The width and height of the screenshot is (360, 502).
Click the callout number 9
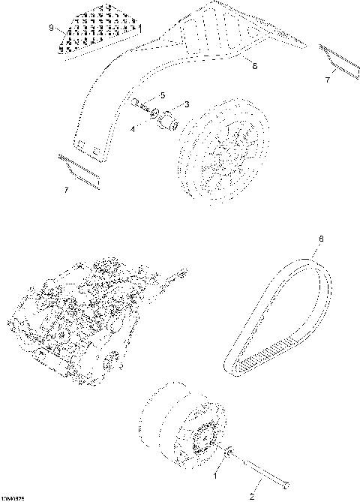click(x=51, y=28)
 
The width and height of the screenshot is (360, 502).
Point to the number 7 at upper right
click(x=326, y=79)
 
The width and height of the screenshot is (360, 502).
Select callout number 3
click(x=186, y=104)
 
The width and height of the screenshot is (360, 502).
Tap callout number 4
click(x=134, y=129)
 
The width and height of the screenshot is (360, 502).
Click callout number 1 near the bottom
click(x=217, y=475)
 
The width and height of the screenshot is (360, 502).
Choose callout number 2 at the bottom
click(x=252, y=496)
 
